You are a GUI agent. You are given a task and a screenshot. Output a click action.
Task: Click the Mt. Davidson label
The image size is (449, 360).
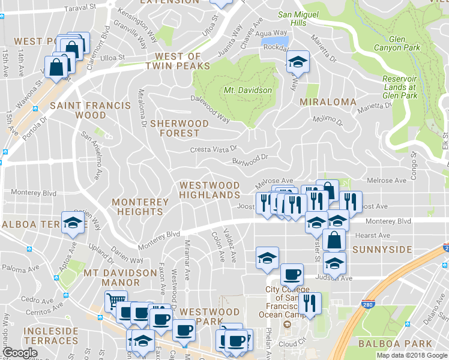[248, 90]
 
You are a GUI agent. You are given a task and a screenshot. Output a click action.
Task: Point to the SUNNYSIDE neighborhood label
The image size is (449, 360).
[382, 249]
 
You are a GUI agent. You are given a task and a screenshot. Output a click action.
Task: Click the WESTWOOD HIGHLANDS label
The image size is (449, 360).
[209, 191]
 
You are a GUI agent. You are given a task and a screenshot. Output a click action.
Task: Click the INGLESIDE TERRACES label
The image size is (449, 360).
[51, 335]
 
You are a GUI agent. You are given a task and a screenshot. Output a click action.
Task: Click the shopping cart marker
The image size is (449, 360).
[116, 299]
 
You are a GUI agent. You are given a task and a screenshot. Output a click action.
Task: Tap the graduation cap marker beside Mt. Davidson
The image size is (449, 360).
[297, 61]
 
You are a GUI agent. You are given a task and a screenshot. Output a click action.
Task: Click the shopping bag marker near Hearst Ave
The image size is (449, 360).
[334, 239]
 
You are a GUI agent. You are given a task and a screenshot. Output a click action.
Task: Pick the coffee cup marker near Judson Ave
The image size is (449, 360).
[292, 274]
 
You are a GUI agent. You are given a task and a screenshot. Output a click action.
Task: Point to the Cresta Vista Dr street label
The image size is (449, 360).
[214, 149]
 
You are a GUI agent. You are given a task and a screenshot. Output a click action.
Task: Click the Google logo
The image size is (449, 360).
[20, 353]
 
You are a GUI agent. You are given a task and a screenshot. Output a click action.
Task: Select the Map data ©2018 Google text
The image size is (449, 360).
[411, 355]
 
